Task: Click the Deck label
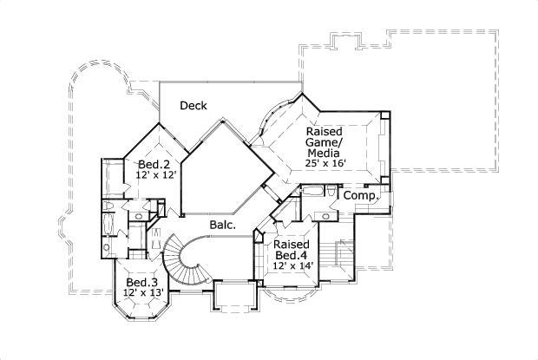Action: click(193, 106)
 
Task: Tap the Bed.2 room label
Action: click(154, 164)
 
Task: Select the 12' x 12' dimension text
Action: click(155, 175)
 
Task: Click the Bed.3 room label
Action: click(141, 283)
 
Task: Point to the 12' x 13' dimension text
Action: click(142, 294)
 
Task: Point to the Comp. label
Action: click(359, 196)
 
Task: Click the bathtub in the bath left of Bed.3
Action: click(108, 226)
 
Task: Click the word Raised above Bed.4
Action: click(291, 244)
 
